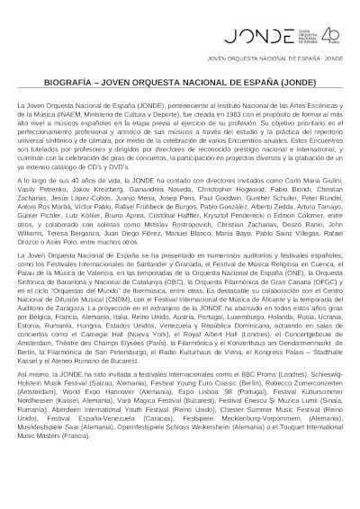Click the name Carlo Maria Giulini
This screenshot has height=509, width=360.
pyautogui.click(x=318, y=183)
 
